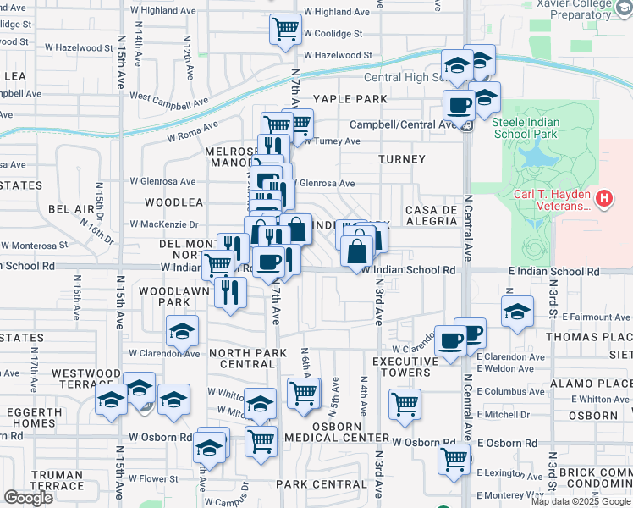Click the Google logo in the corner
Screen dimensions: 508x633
28,498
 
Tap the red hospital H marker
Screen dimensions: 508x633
603,199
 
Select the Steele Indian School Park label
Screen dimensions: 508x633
525,127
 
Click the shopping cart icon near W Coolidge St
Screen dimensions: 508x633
286,29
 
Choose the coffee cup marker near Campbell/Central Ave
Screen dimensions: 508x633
460,106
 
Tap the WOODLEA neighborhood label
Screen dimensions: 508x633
173,202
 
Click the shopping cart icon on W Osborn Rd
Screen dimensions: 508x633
261,440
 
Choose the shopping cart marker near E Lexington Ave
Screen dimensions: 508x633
454,459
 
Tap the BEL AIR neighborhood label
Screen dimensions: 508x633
71,208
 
